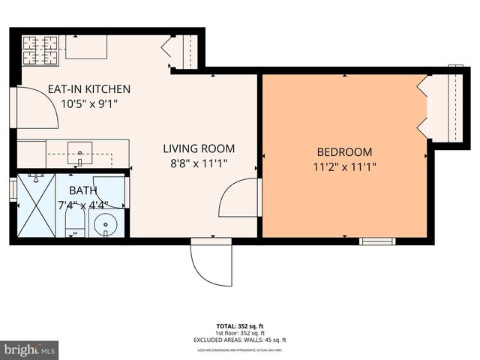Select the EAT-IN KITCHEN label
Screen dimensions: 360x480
(x=89, y=88)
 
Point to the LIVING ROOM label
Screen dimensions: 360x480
(x=199, y=148)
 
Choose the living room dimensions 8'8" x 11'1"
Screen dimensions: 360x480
(x=199, y=163)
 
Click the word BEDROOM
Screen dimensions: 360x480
(x=345, y=151)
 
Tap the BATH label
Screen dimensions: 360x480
(x=83, y=190)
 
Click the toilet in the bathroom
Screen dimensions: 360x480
(x=74, y=220)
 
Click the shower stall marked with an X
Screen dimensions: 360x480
(x=37, y=208)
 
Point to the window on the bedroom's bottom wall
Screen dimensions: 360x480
(x=376, y=241)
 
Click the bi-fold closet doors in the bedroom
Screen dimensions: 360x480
(x=424, y=109)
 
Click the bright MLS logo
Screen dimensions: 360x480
(x=30, y=349)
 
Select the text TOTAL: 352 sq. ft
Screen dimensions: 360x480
(x=240, y=326)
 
